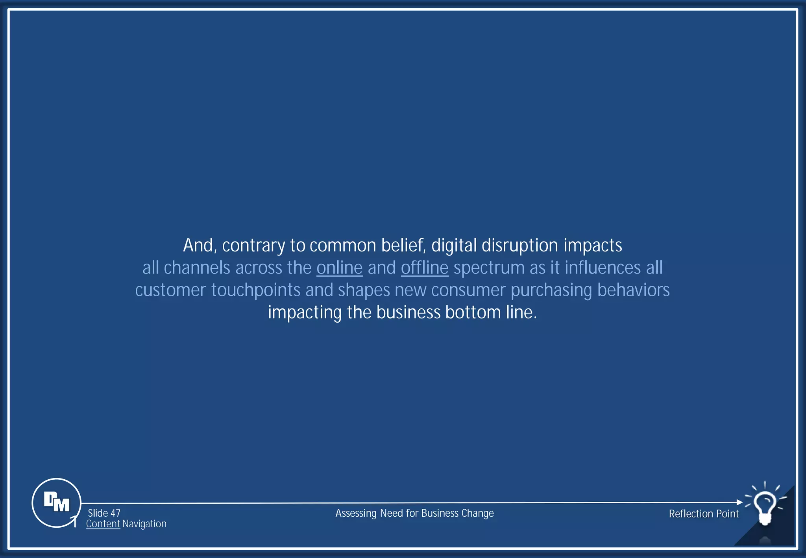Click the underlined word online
coord(339,268)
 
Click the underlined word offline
coord(425,268)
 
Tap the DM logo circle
coord(56,503)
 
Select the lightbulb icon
coord(765,505)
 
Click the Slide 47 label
coord(104,513)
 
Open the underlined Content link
coord(103,524)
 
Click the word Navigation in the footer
coord(144,524)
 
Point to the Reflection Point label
coord(704,514)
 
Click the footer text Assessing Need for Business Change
coord(414,513)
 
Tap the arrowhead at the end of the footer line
coord(739,502)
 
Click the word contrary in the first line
coord(253,246)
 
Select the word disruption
coord(520,246)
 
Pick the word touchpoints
coord(256,290)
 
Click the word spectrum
coord(489,268)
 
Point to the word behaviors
coord(633,290)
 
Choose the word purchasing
coord(551,290)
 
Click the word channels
coord(197,268)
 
